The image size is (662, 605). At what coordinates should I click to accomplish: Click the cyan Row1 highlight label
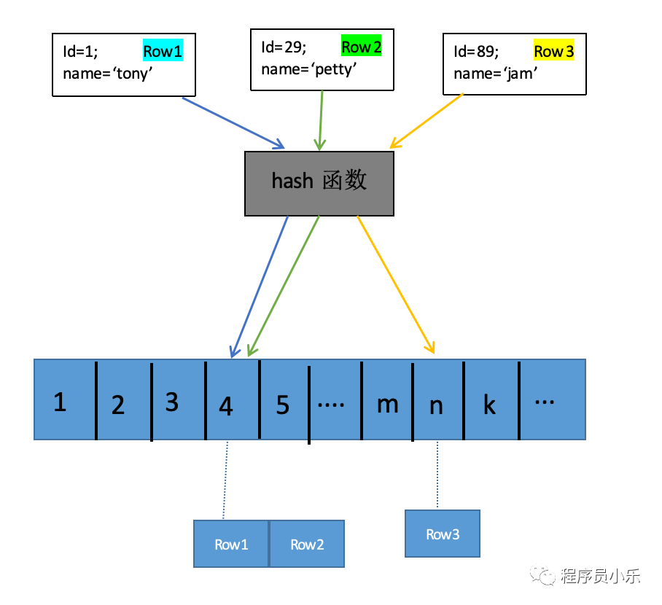[x=162, y=51]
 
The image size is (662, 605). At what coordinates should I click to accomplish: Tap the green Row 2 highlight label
[x=362, y=47]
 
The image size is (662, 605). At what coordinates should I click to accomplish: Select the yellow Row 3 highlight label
[x=554, y=51]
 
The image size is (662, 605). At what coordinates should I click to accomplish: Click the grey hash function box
[x=319, y=183]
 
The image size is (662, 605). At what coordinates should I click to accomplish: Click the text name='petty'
[x=308, y=70]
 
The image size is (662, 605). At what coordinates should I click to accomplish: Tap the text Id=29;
[x=284, y=47]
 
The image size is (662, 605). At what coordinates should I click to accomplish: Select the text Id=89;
[x=476, y=51]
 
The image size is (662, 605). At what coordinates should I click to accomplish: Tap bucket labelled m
[x=387, y=403]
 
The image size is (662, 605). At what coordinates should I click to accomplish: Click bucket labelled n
[x=436, y=405]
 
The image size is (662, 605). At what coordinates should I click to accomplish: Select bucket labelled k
[x=490, y=405]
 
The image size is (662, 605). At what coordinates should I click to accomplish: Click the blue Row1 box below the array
[x=231, y=544]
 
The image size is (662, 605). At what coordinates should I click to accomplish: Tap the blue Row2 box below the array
[x=307, y=544]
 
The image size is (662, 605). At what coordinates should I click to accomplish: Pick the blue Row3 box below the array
[x=443, y=534]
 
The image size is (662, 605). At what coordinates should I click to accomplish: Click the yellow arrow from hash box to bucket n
[x=396, y=285]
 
